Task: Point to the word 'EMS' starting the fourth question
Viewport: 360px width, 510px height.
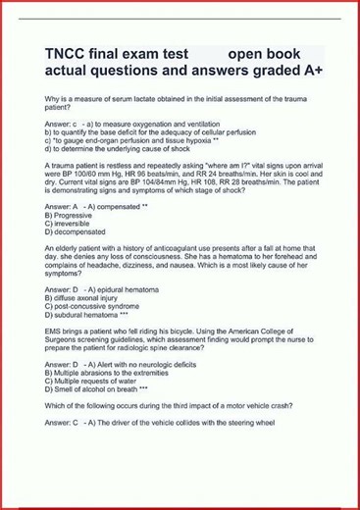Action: [x=53, y=333]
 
